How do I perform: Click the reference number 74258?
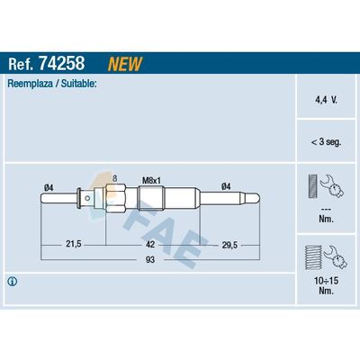coord(62,63)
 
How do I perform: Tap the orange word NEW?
coord(125,64)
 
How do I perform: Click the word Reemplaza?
coord(30,84)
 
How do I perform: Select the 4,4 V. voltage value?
coord(326,100)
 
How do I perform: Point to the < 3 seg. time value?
coord(326,141)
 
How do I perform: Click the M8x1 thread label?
coord(151,181)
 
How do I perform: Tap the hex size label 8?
coord(114,179)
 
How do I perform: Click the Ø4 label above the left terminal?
coord(49,188)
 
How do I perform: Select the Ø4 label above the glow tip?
coord(226,186)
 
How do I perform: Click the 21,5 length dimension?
coord(74,244)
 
